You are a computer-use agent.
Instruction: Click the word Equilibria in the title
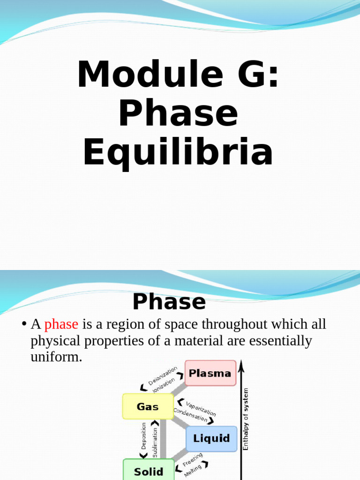(178, 153)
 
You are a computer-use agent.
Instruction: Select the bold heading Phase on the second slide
(169, 302)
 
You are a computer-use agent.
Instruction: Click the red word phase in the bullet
(61, 324)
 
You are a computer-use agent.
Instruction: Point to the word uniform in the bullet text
(56, 357)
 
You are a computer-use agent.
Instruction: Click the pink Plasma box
(210, 373)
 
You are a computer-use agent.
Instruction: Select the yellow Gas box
(148, 406)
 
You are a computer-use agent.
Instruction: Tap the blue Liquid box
(211, 439)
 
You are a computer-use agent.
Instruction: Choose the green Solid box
(149, 471)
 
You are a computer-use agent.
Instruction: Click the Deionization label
(163, 375)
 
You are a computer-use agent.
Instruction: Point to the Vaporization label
(201, 408)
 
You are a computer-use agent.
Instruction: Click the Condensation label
(190, 414)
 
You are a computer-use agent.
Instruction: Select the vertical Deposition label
(144, 436)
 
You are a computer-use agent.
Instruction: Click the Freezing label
(193, 460)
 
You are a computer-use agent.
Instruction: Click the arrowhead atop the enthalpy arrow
(241, 363)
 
